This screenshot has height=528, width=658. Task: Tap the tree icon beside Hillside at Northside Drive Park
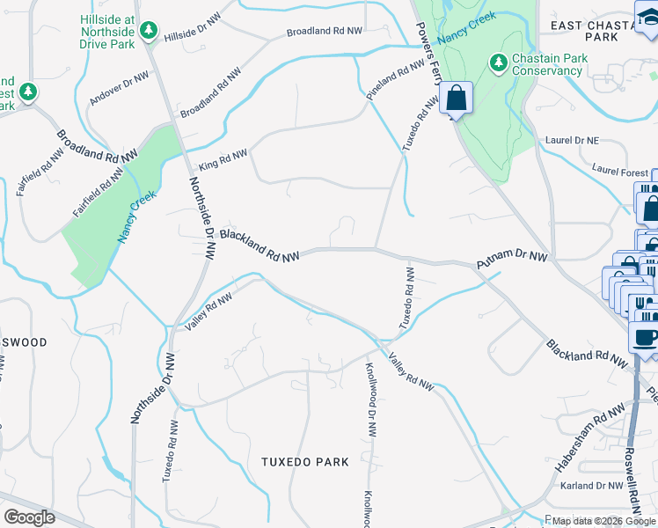coord(149,32)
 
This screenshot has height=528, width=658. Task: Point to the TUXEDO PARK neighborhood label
coord(304,462)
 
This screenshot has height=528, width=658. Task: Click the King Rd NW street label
coord(223,159)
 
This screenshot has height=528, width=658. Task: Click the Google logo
coord(29,517)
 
